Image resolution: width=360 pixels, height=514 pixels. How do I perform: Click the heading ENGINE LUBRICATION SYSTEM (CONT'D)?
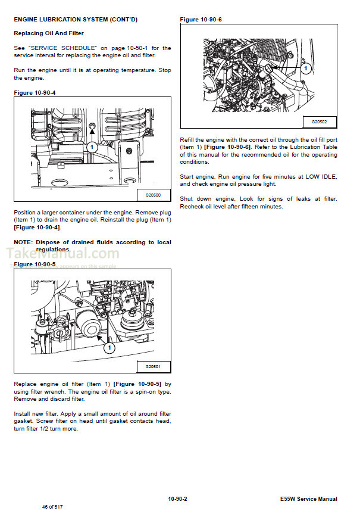click(76, 20)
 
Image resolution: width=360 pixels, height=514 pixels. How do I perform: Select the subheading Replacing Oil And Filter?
click(49, 33)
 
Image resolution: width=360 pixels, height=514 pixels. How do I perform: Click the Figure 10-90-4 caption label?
click(34, 92)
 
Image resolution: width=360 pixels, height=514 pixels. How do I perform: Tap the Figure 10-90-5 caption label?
click(34, 264)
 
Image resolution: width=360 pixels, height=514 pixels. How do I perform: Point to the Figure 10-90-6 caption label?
click(200, 20)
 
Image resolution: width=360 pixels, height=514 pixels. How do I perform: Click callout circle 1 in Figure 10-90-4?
click(91, 146)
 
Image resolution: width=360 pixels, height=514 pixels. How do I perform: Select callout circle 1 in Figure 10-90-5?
click(109, 346)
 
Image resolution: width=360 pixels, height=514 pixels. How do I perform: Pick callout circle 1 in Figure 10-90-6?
click(305, 68)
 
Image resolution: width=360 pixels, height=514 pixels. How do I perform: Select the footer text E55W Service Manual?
click(308, 499)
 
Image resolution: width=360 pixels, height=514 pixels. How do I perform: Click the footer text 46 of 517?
click(53, 506)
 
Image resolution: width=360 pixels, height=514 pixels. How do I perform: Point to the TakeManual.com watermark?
click(62, 254)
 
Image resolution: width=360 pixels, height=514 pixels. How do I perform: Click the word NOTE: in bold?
click(23, 242)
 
